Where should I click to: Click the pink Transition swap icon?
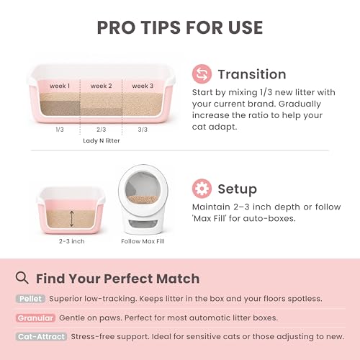click(x=202, y=74)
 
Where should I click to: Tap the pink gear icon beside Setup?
click(x=202, y=189)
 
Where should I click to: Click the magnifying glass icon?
click(x=22, y=278)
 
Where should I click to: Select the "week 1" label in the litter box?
click(x=60, y=86)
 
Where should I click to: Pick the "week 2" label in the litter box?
click(x=101, y=86)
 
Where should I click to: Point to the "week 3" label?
click(x=143, y=86)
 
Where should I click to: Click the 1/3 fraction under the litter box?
click(x=60, y=130)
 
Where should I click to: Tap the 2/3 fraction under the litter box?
click(x=101, y=130)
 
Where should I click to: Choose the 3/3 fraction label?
click(x=143, y=130)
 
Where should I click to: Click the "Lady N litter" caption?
click(x=102, y=140)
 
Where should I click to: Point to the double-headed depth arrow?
click(x=71, y=218)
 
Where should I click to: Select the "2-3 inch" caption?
click(x=72, y=241)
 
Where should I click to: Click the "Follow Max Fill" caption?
click(x=143, y=241)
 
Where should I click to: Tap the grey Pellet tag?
click(x=30, y=299)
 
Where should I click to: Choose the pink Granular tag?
click(x=35, y=318)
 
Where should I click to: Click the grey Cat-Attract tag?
click(x=41, y=337)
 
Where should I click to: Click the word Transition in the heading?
click(x=252, y=74)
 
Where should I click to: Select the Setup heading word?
click(x=238, y=189)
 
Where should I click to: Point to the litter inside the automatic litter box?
click(x=143, y=199)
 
